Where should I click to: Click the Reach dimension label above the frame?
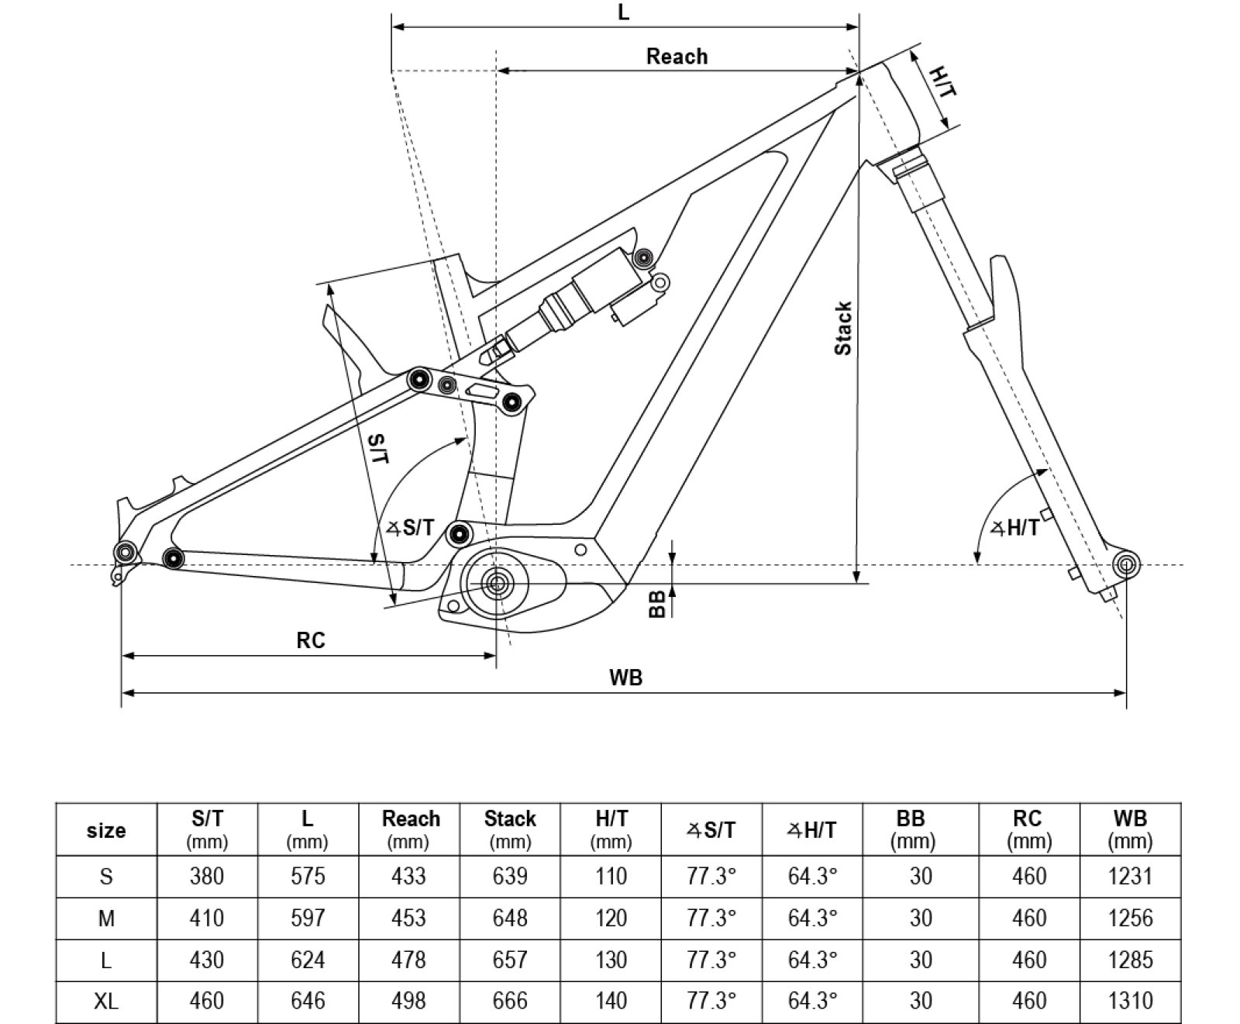[677, 57]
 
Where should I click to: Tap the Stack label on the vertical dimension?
[843, 329]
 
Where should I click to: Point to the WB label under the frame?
[625, 677]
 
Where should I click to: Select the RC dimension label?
[310, 640]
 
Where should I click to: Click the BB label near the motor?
[656, 604]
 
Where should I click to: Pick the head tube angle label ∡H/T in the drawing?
[1016, 529]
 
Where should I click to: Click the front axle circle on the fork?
[1125, 564]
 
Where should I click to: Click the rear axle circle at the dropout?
[126, 552]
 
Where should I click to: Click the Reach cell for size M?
[408, 918]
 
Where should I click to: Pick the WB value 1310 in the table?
[1130, 1002]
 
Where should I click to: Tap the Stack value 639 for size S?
[510, 876]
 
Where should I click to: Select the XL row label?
[106, 1002]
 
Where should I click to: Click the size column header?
[106, 830]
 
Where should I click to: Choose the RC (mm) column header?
[1028, 829]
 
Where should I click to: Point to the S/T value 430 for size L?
[207, 960]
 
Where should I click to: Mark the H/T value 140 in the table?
[611, 1002]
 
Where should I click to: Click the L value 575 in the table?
[308, 876]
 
